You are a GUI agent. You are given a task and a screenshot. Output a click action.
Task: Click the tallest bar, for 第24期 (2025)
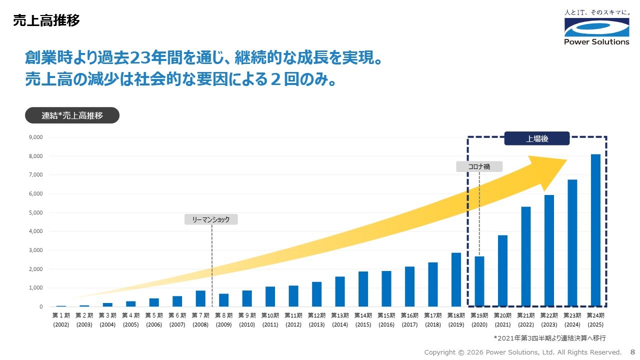point(595,230)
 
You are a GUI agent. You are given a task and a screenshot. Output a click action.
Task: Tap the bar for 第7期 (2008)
point(200,298)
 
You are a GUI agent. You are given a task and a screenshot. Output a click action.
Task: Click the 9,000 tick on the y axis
point(35,137)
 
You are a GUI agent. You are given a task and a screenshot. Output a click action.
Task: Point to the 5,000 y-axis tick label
point(35,212)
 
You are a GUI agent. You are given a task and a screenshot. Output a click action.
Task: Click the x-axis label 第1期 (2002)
point(61,320)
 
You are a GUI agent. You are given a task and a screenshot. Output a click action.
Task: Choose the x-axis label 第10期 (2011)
point(270,320)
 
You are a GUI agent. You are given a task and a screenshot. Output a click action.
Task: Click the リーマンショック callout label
point(211,219)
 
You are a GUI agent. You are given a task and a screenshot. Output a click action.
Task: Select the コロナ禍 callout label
point(479,166)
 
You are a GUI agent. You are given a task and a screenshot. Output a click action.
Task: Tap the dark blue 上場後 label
point(537,138)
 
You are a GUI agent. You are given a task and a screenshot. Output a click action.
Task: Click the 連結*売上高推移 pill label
point(72,115)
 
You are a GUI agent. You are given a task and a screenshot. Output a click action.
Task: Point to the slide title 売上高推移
point(46,20)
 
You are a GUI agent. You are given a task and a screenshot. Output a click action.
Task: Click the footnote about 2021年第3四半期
point(549,338)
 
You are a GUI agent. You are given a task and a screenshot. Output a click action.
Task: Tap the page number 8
point(632,352)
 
